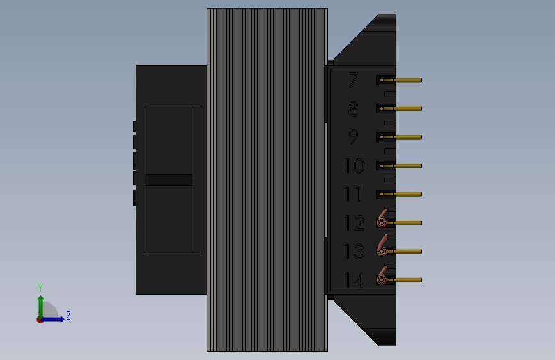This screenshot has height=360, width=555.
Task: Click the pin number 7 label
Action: pyautogui.click(x=353, y=79)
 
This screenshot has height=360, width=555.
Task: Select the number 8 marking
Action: pyautogui.click(x=353, y=108)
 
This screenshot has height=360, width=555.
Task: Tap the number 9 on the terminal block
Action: pyautogui.click(x=353, y=137)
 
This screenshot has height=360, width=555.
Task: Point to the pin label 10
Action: pyautogui.click(x=354, y=165)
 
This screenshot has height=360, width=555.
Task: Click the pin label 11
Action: pyautogui.click(x=353, y=194)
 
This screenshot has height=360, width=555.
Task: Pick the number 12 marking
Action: pyautogui.click(x=354, y=223)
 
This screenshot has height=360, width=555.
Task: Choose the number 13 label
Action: pyautogui.click(x=354, y=251)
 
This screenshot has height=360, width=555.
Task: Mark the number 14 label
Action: pyautogui.click(x=354, y=280)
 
